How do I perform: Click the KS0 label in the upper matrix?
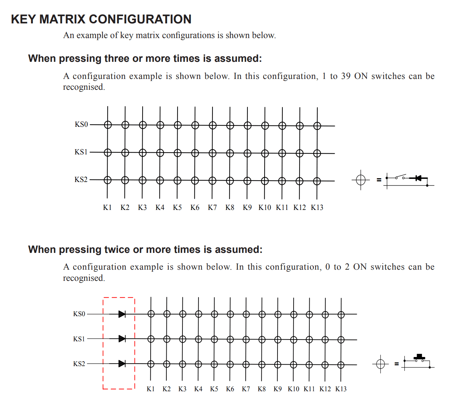tap(81, 124)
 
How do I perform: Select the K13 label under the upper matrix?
tap(317, 207)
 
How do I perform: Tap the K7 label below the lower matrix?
tap(246, 389)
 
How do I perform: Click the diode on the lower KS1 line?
tap(122, 338)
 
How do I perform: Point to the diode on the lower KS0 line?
tap(122, 314)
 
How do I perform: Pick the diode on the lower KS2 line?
tap(122, 364)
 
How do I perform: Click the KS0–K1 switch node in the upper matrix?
tap(108, 125)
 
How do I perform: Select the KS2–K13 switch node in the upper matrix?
tap(317, 181)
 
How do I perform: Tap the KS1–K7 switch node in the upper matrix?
tap(213, 153)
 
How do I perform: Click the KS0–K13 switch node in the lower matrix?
tap(341, 315)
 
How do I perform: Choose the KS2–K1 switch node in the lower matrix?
tap(151, 364)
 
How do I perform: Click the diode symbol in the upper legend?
tap(418, 178)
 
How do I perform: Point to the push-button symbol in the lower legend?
tap(419, 358)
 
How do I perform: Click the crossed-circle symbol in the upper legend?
tap(361, 180)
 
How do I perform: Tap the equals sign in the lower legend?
tap(396, 364)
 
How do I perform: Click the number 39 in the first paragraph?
tap(346, 76)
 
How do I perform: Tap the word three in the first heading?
tap(117, 58)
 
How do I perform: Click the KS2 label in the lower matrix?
tap(79, 364)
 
